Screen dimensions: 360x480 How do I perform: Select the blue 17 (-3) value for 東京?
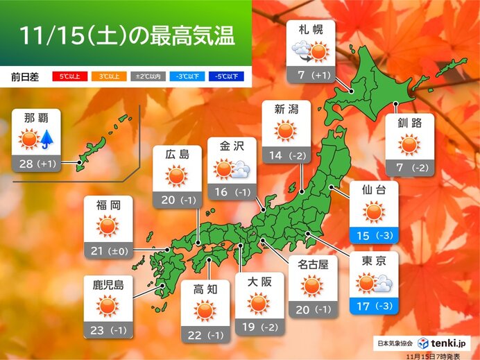[374, 305]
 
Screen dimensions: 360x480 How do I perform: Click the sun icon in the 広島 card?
[178, 178]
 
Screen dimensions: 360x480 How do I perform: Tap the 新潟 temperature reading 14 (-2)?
[286, 155]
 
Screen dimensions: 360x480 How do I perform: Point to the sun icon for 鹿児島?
[108, 306]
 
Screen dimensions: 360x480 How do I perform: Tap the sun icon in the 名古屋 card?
[312, 285]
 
